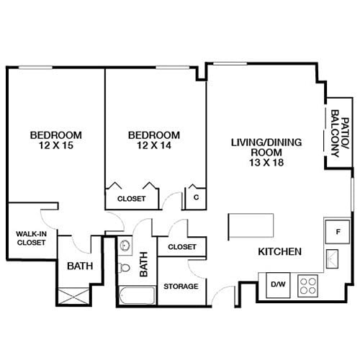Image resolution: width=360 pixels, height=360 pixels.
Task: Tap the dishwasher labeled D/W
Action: (x=277, y=284)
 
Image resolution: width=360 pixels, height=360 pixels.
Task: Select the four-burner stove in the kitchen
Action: (x=307, y=284)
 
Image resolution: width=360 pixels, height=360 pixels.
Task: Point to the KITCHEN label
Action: (x=279, y=252)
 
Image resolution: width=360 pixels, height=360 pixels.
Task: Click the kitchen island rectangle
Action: (x=251, y=226)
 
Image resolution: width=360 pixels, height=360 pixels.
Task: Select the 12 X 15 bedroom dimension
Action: (x=55, y=145)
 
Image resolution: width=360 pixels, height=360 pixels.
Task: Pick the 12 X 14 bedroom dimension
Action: (x=153, y=145)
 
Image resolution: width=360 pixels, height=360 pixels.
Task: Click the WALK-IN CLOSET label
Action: (x=31, y=238)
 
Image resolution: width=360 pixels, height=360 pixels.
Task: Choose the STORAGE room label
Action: (x=180, y=287)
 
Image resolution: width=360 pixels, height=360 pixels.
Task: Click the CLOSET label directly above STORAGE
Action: (x=181, y=247)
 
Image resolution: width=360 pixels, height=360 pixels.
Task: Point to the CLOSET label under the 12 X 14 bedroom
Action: (x=131, y=198)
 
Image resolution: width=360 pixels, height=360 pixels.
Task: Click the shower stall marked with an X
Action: (x=73, y=297)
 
